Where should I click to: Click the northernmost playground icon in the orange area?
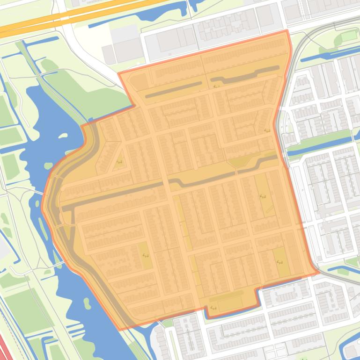[x=216, y=86]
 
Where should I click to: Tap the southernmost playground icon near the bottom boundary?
[x=213, y=307]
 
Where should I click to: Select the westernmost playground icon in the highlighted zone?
[x=119, y=162]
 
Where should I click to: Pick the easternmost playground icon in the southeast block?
[x=280, y=262]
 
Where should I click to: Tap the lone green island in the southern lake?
[x=87, y=302]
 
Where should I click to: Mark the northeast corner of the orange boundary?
[x=286, y=32]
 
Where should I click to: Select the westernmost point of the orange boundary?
[x=42, y=208]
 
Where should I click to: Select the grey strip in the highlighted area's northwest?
[x=173, y=90]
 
